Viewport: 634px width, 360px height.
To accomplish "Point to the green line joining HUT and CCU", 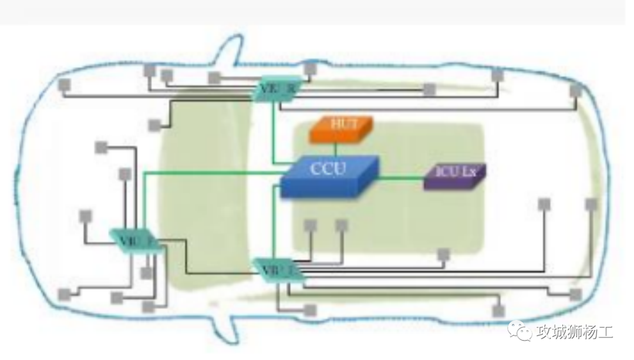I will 335,149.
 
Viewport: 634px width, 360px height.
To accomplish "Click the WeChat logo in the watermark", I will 518,331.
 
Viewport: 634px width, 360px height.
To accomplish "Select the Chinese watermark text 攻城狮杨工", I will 575,332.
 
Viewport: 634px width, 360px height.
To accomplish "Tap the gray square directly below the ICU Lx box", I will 444,254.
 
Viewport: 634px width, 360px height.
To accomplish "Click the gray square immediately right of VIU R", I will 311,69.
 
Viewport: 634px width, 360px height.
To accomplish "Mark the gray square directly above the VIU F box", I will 124,174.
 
